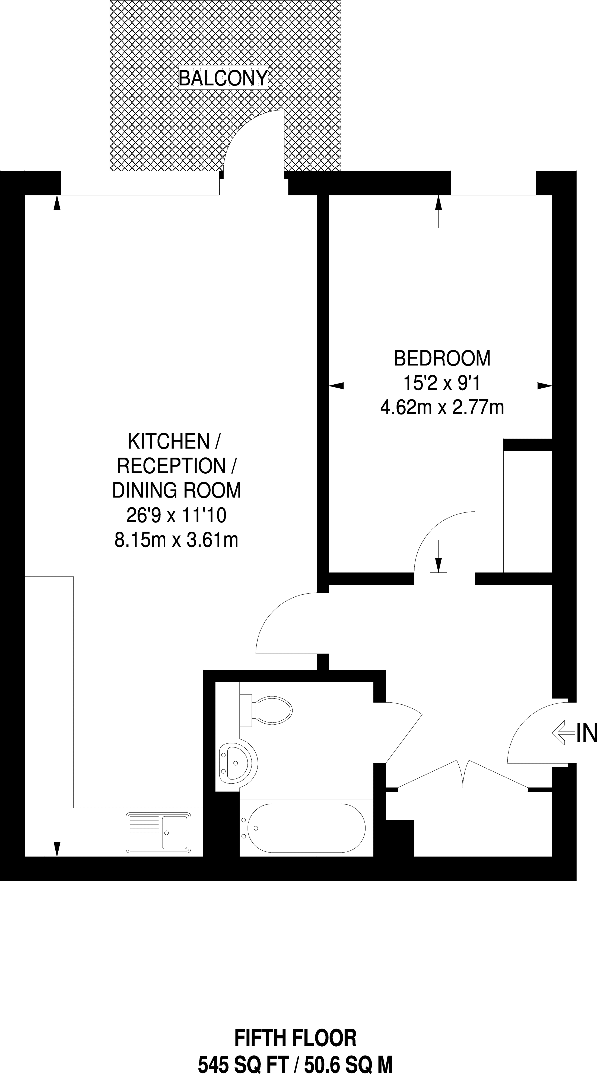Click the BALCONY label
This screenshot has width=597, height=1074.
click(x=223, y=78)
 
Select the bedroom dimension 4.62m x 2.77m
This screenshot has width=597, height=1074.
click(x=442, y=407)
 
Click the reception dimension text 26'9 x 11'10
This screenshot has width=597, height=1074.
click(x=176, y=516)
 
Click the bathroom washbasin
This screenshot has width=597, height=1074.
click(x=238, y=763)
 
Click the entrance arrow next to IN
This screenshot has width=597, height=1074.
click(x=563, y=733)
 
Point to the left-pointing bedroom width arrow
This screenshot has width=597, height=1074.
click(x=345, y=386)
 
